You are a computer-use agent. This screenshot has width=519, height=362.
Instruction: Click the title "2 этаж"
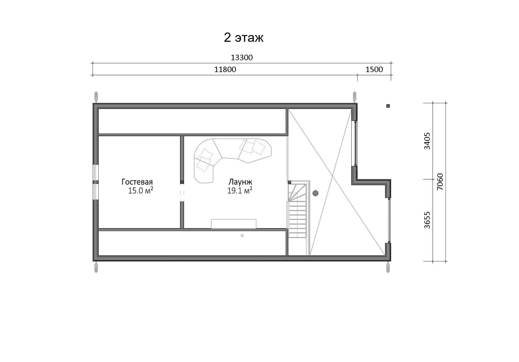244,38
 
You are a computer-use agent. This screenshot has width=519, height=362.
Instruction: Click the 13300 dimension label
242,57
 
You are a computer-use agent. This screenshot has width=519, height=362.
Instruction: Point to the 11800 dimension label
225,69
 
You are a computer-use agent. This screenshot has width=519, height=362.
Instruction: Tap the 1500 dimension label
374,69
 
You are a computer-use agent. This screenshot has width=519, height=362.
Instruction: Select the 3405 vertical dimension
427,141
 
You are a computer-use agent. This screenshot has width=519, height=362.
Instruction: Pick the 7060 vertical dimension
440,182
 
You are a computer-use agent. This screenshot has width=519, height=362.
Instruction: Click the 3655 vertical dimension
427,220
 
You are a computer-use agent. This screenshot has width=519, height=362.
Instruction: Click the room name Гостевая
137,182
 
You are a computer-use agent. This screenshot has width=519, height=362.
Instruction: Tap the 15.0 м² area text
141,190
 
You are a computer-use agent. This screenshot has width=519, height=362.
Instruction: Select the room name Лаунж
240,182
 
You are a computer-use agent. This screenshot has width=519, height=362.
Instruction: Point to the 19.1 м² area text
240,190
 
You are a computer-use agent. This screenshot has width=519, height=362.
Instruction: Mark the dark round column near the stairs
315,193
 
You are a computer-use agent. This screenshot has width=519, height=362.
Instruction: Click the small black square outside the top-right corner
388,106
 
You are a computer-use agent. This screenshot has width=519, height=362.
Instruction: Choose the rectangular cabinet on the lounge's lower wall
233,224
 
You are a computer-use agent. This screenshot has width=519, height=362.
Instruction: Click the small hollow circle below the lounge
242,236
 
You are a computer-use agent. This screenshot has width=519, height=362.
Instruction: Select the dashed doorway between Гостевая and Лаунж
182,193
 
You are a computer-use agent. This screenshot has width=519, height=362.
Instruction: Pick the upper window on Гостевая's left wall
95,172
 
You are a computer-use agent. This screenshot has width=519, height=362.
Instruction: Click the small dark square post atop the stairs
290,182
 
